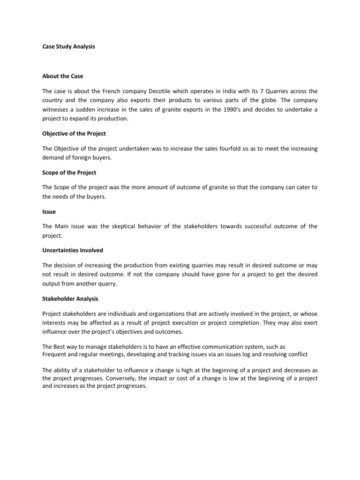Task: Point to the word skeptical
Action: coord(122,226)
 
